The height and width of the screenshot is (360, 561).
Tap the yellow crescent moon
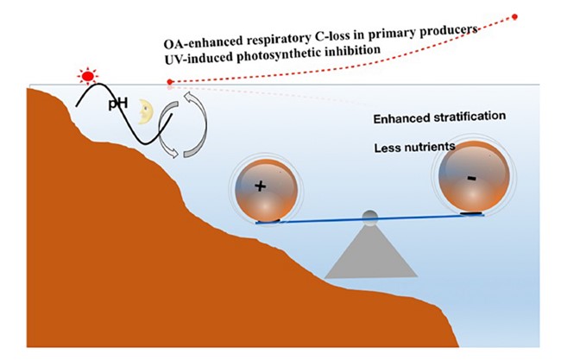pyautogui.click(x=147, y=111)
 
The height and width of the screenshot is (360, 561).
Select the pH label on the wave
pyautogui.click(x=118, y=104)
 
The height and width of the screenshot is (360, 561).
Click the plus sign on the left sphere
pyautogui.click(x=261, y=186)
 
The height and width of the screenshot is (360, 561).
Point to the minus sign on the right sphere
pyautogui.click(x=470, y=176)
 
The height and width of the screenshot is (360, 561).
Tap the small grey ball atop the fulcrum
pyautogui.click(x=369, y=216)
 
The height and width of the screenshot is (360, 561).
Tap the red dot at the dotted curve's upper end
pyautogui.click(x=515, y=16)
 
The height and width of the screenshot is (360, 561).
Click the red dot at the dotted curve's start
pyautogui.click(x=170, y=82)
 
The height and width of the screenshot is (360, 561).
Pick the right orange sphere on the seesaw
pyautogui.click(x=470, y=180)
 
